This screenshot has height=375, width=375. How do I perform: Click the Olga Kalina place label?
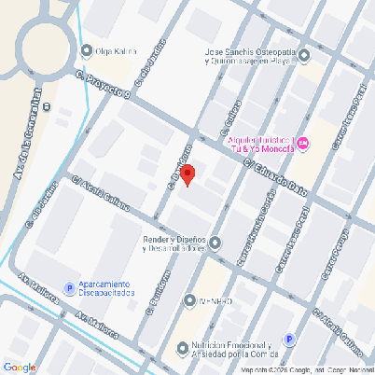[117, 51]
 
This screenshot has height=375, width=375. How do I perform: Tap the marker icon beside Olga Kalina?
[87, 51]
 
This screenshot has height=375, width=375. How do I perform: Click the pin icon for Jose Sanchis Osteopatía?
[303, 56]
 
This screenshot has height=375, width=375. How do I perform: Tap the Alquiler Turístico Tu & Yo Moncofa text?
[261, 142]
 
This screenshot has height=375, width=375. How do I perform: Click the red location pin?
[187, 174]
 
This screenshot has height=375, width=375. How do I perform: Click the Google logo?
[19, 367]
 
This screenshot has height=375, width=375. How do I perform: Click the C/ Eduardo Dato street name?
[275, 174]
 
